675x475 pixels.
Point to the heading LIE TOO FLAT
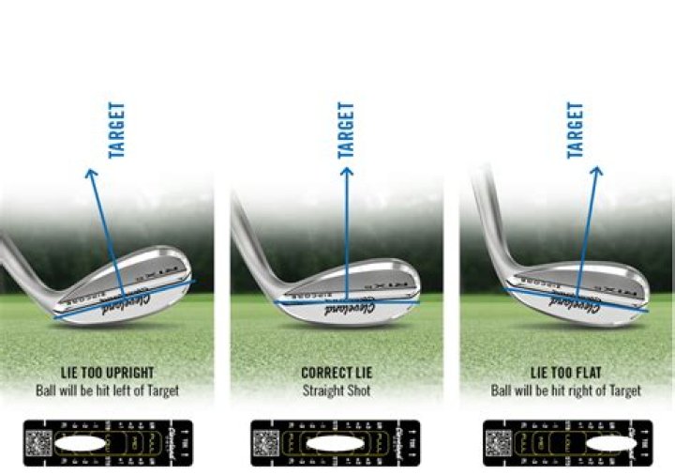(x=565, y=373)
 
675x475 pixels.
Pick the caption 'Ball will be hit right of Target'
(x=565, y=390)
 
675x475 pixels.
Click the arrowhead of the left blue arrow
(x=91, y=172)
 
